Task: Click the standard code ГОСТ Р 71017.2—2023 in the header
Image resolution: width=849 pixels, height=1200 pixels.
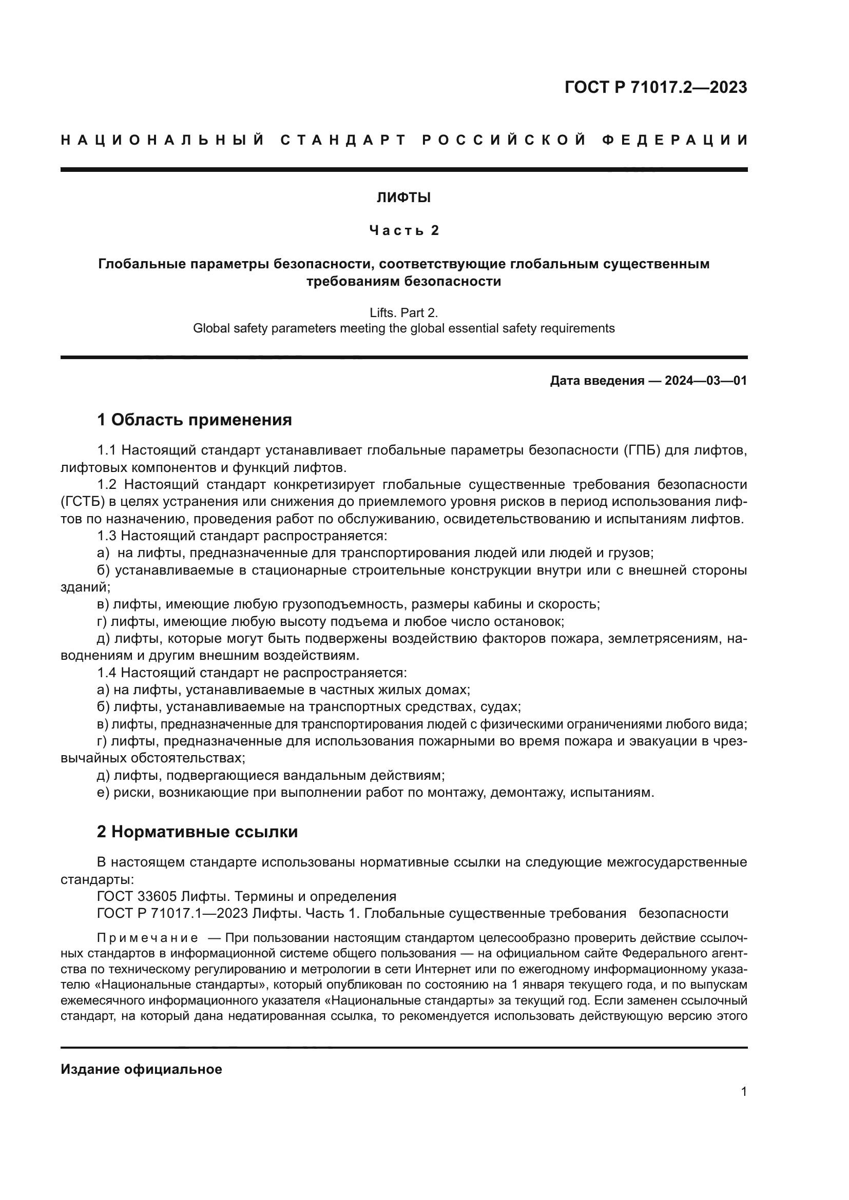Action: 655,88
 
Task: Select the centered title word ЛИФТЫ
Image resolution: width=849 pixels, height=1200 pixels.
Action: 403,198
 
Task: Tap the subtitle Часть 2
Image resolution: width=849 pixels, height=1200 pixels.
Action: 403,230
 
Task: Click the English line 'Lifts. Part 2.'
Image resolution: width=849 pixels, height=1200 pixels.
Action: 403,312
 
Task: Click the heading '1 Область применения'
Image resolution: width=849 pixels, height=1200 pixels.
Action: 194,420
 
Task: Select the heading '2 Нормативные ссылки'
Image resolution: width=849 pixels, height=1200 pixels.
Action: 197,832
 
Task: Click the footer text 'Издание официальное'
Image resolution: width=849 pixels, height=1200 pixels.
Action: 141,1069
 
